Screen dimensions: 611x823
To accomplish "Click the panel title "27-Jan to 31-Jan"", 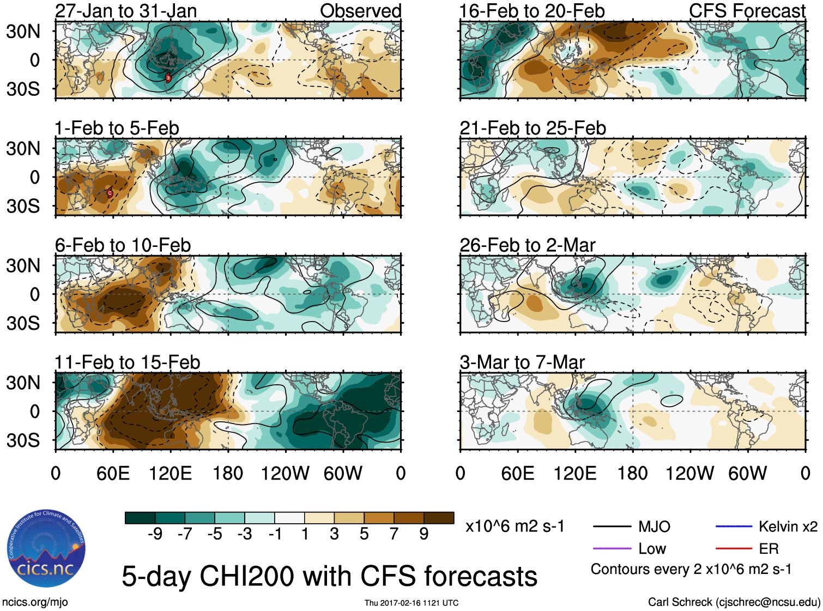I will pos(126,11).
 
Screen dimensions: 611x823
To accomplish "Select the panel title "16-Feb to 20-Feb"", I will pos(532,11).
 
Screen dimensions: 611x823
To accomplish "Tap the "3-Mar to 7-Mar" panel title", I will pos(522,362).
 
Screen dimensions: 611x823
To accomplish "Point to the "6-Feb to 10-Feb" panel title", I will pos(123,245).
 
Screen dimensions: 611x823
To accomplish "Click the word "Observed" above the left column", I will pos(360,11).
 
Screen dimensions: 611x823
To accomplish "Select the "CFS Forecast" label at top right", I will pos(747,11).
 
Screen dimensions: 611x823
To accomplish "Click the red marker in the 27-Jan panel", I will pos(168,78).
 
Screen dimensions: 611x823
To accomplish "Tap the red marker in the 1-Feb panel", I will pos(110,192).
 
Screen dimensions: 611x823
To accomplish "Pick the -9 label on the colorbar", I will pos(155,534).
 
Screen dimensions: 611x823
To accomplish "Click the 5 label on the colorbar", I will pos(364,534).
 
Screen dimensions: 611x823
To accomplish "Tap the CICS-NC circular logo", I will pos(46,549).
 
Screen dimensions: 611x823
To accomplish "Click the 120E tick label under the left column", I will pos(170,473).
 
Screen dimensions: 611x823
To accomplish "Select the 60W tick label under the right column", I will pos(747,473).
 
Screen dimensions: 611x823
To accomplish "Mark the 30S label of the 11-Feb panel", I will pos(23,440).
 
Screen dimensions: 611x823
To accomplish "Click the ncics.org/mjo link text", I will pos(35,602).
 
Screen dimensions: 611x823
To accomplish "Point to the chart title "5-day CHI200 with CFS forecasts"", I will pos(329,576).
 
